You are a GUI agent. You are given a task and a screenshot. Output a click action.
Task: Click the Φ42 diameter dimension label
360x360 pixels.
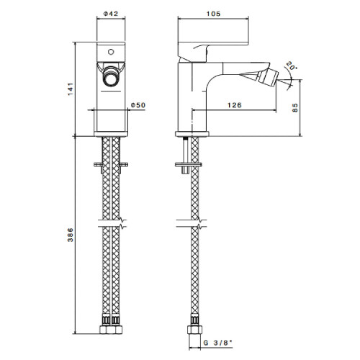(111, 14)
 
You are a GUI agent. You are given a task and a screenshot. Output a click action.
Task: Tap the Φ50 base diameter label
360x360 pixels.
(138, 105)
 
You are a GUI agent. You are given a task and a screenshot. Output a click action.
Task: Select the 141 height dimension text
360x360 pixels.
(70, 89)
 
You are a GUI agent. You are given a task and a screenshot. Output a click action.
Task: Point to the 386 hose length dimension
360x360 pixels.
(70, 235)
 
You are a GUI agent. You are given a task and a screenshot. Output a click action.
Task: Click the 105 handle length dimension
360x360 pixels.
(213, 14)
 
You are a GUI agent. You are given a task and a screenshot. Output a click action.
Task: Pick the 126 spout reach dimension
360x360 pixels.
(234, 105)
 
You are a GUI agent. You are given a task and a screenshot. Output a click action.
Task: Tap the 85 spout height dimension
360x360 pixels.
(295, 107)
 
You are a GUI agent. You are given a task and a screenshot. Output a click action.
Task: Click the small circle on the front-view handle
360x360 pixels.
(111, 52)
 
